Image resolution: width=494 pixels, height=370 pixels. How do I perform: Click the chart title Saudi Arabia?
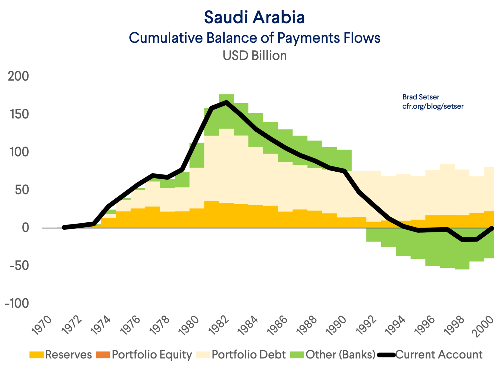tap(254, 17)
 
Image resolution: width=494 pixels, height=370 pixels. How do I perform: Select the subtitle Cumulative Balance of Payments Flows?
tap(254, 38)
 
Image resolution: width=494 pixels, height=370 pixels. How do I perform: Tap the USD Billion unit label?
tap(254, 55)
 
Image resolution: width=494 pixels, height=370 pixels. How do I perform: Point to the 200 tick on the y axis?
tap(19, 76)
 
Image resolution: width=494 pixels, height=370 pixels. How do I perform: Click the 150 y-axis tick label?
tap(19, 114)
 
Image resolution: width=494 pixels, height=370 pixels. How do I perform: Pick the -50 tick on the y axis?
tap(19, 266)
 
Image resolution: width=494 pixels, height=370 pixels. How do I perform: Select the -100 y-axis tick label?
tap(17, 303)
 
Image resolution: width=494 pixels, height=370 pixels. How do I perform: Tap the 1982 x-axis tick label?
tap(219, 325)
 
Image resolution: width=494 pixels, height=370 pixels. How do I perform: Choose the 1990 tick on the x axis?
tap(337, 325)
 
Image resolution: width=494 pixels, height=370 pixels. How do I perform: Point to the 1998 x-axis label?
tap(455, 325)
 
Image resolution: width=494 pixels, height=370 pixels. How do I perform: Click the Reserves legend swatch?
tap(37, 355)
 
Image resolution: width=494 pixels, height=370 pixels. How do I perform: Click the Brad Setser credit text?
tap(421, 97)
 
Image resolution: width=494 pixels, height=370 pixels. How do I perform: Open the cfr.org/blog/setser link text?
tap(433, 106)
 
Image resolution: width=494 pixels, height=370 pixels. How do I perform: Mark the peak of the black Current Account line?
tap(226, 102)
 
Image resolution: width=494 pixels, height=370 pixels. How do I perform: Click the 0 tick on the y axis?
tap(25, 228)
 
